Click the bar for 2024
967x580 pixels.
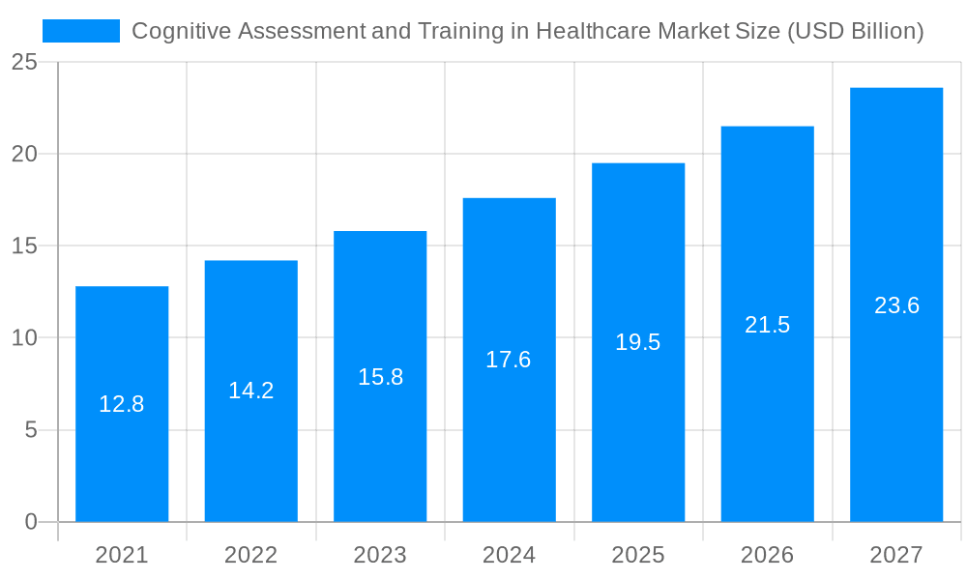509,435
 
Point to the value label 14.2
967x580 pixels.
251,391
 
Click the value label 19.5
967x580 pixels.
638,342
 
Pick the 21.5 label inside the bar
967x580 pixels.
768,325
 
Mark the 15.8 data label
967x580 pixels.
380,377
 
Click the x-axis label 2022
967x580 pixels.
251,555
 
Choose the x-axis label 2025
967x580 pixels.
638,555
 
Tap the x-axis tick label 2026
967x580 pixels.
768,555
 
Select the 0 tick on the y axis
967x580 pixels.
30,522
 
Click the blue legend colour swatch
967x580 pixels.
81,31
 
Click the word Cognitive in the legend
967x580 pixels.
173,31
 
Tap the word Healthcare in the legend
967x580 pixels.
593,31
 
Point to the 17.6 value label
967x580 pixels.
509,360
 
